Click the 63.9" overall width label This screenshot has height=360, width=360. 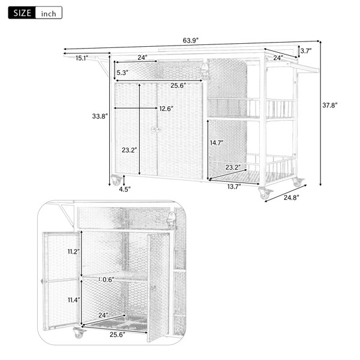(x=190, y=41)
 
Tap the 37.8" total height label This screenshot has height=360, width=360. (x=330, y=106)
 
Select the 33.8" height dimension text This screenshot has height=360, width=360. (x=100, y=116)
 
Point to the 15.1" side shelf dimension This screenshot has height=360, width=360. (x=82, y=58)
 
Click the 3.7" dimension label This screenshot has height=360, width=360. (x=306, y=51)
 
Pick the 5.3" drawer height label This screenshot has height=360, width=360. (x=122, y=73)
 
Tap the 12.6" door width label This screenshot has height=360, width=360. (x=166, y=109)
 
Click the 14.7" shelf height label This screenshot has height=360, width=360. (x=217, y=143)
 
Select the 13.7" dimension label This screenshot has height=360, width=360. (x=234, y=187)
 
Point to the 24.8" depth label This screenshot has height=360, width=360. (x=292, y=197)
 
